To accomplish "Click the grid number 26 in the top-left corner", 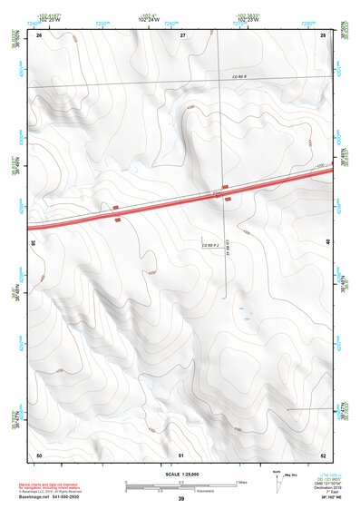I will click(39, 34).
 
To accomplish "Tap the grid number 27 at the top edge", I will click(182, 34).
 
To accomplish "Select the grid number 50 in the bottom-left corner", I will click(39, 453).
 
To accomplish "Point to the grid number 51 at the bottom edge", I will click(182, 453).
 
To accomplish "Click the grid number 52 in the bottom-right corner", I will click(323, 453).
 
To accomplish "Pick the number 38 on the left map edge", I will click(34, 242).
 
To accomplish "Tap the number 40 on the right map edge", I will click(327, 241).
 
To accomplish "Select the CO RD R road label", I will click(238, 77).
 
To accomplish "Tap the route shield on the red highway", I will click(218, 194).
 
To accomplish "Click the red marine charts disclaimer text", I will click(56, 484).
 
